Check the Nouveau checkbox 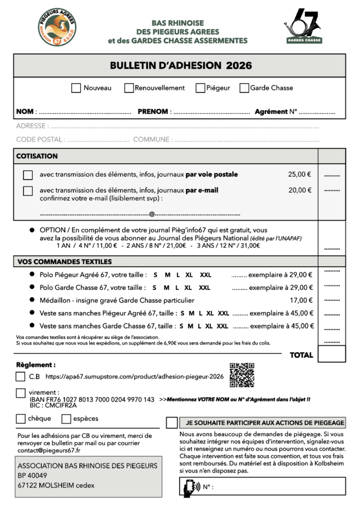(x=76, y=88)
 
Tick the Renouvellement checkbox (x=129, y=88)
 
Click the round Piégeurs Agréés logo (x=57, y=26)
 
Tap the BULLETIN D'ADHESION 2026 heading (x=181, y=66)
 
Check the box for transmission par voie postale (x=28, y=175)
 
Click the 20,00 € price (x=300, y=190)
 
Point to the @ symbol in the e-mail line (x=151, y=214)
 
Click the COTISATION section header (x=37, y=156)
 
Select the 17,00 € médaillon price (x=301, y=300)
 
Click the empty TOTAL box (x=331, y=354)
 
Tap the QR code (x=242, y=375)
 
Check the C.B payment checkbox (x=21, y=377)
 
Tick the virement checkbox (x=21, y=393)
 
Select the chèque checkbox (x=21, y=418)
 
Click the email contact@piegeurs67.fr (x=49, y=451)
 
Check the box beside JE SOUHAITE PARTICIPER (x=172, y=423)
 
